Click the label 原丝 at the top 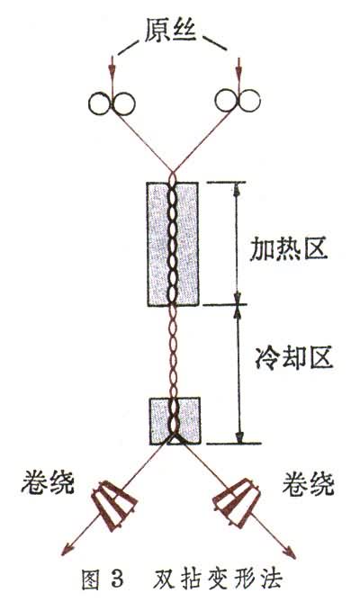point(170,32)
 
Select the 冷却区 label point(294,357)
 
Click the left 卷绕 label point(48,483)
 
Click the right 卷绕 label point(308,484)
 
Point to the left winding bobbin point(113,507)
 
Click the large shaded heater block point(173,244)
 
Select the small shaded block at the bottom point(175,421)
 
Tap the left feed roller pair point(112,103)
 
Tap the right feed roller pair point(238,101)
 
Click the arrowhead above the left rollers point(112,68)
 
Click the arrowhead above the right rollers point(238,68)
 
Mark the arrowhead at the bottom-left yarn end point(67,550)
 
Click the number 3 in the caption point(116,580)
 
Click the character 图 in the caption point(91,580)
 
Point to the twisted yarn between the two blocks point(173,352)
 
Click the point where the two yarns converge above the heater point(172,174)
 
